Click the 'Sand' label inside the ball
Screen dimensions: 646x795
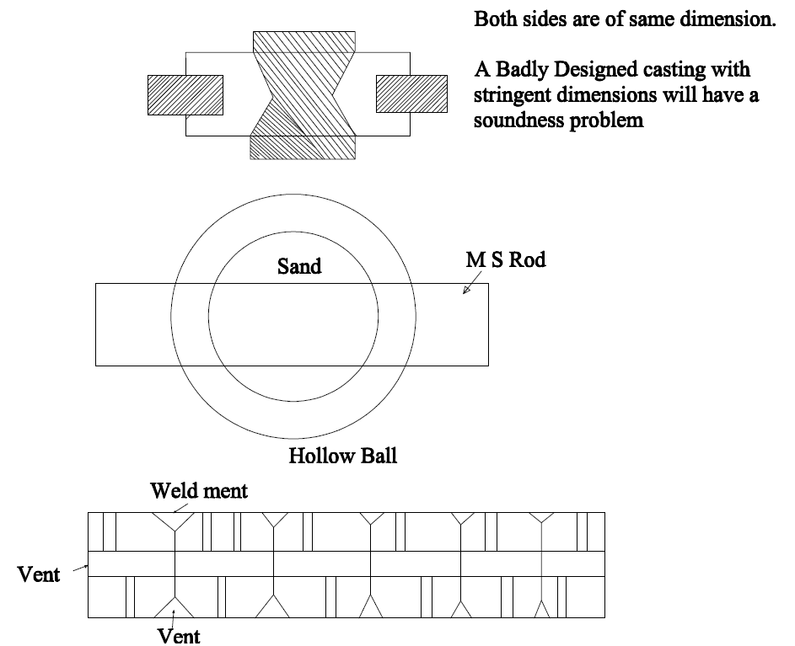click(x=299, y=266)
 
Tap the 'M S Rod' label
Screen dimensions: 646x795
click(x=506, y=259)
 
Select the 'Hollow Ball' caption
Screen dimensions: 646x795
click(x=342, y=456)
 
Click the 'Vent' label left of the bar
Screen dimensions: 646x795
click(x=39, y=575)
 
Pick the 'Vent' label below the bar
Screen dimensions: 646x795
click(x=180, y=635)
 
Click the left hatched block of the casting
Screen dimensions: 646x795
click(x=185, y=94)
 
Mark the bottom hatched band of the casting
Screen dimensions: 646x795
click(x=303, y=147)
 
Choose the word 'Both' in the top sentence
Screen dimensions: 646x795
click(x=495, y=19)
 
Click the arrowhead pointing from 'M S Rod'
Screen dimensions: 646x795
click(x=468, y=290)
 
